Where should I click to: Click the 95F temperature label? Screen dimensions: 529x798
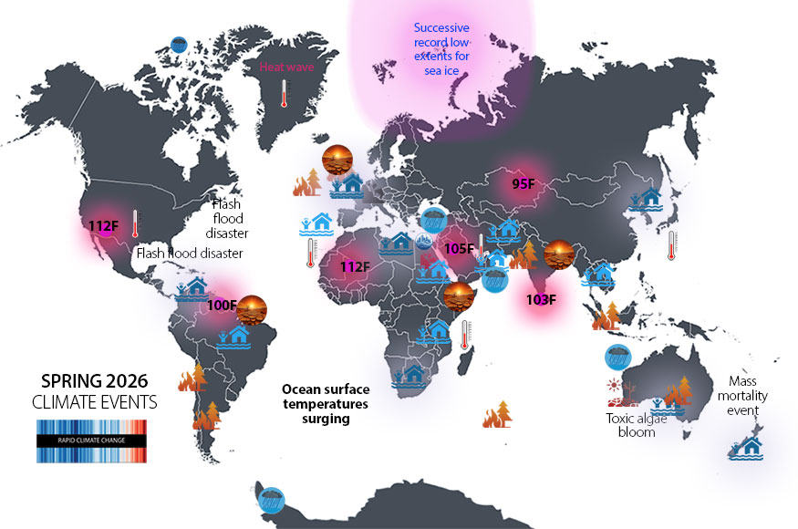point(523,183)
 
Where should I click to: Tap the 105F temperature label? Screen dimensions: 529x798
point(458,249)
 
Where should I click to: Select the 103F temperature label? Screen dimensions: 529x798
point(542,299)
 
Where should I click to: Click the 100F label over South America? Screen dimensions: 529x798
point(222,306)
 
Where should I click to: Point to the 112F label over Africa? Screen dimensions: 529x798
point(354,266)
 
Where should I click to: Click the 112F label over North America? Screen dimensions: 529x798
point(104,225)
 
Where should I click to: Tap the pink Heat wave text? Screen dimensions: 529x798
point(285,67)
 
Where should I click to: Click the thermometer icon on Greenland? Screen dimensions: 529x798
point(285,93)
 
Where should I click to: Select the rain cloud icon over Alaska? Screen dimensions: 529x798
point(180,43)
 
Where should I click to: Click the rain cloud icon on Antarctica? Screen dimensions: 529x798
point(271,499)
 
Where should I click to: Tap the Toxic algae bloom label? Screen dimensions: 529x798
point(631,426)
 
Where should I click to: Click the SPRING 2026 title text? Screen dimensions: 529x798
point(95,380)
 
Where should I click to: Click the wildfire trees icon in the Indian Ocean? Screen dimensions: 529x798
point(498,415)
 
